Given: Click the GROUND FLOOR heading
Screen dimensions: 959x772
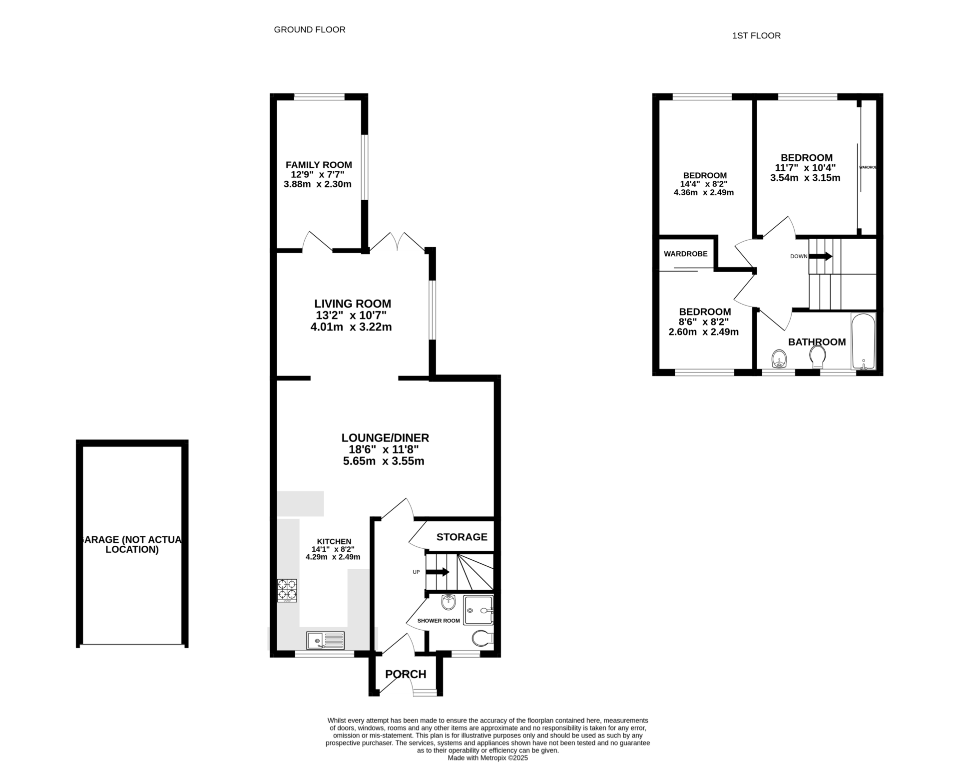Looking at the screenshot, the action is [x=310, y=30].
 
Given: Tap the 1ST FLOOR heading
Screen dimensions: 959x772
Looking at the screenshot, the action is [x=756, y=36].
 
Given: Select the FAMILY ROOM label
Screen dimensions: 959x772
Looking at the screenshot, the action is [x=319, y=165].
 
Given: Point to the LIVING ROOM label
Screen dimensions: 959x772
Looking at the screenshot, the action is [x=353, y=304].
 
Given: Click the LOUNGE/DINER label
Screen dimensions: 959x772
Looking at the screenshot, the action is [x=385, y=438].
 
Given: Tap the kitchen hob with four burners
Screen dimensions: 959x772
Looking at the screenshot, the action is [x=287, y=590].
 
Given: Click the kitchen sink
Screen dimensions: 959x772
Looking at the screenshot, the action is [x=326, y=640].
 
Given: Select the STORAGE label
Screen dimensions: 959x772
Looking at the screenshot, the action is [x=462, y=537].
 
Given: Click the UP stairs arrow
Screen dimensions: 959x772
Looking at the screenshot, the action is [x=437, y=572].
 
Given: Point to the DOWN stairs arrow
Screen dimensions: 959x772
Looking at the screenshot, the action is [x=821, y=256].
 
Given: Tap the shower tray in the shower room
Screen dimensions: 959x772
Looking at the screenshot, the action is [x=479, y=610].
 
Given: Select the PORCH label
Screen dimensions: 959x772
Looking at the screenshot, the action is [x=406, y=675].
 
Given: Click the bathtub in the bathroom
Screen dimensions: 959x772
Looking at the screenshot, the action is [x=863, y=341].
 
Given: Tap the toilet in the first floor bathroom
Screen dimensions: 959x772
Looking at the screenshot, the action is [x=817, y=358].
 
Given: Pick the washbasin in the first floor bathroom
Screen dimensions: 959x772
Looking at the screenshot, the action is [x=779, y=359].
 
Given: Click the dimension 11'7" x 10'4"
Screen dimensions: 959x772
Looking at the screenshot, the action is [x=805, y=168].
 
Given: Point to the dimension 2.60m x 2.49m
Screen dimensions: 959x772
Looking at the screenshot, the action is [x=704, y=332].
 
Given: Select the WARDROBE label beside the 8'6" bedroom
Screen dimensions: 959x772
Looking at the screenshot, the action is [x=686, y=254].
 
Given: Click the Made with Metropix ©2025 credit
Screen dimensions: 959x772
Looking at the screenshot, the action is [x=487, y=758].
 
